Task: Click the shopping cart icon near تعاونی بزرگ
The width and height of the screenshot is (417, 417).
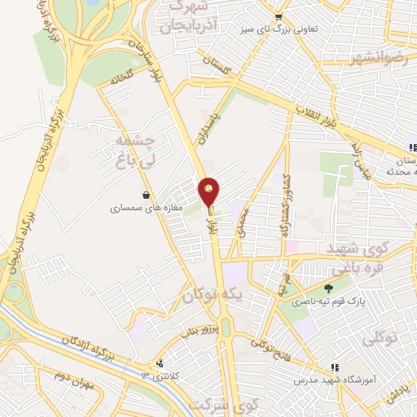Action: click(x=279, y=15)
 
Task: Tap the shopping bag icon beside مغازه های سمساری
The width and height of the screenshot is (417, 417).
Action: click(x=146, y=195)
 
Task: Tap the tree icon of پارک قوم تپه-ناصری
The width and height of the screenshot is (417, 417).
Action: click(x=329, y=288)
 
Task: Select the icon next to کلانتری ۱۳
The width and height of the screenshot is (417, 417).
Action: click(x=160, y=365)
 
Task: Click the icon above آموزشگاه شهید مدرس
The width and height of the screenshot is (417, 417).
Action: click(x=335, y=368)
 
